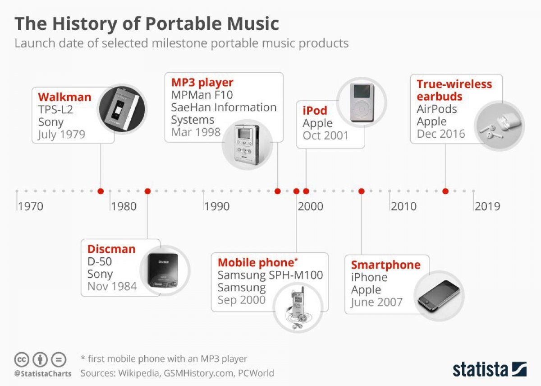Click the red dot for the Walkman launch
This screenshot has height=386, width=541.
coord(101,191)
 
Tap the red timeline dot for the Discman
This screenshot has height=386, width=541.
coord(147,191)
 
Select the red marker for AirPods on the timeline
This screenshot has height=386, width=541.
coord(445,191)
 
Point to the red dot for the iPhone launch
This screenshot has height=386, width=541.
coord(361,191)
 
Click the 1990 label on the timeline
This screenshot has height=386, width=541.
coord(217,207)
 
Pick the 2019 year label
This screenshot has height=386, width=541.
coord(487,207)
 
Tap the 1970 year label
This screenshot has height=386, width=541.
coord(31,207)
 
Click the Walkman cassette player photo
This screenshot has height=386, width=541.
coord(122,109)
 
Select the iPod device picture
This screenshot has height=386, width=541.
coord(362,102)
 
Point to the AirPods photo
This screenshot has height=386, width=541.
coord(499,126)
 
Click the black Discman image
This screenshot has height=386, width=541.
coord(165,270)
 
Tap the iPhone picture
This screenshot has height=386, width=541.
coord(439,296)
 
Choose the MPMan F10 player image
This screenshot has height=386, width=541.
coord(248,144)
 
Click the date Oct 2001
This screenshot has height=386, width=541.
coord(326,136)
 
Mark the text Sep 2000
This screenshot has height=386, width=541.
coord(242,300)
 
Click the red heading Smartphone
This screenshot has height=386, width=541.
coord(386,265)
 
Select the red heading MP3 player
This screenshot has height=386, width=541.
coord(202,83)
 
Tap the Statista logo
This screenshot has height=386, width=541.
coord(490,369)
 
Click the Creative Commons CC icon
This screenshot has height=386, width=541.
coord(22,359)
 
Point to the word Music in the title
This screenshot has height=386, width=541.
coord(253,23)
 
